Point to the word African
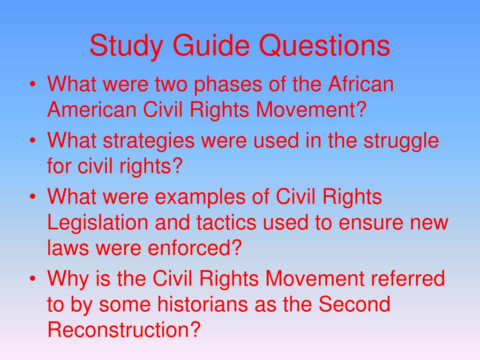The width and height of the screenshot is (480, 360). point(360,85)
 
